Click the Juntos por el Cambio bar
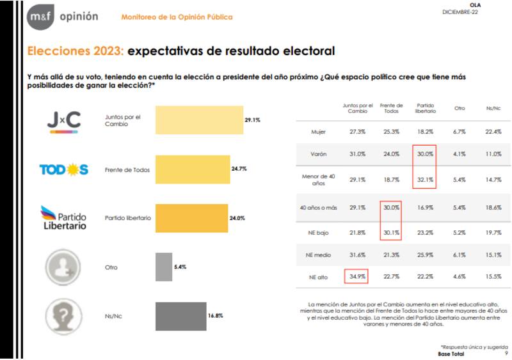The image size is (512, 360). (x=199, y=120)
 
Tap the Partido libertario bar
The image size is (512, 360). (x=191, y=217)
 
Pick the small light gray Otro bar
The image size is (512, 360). (x=164, y=267)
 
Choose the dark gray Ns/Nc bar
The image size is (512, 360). (x=181, y=315)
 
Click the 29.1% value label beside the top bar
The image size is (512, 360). (x=252, y=120)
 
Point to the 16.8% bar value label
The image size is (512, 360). (x=216, y=315)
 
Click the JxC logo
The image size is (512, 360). (x=64, y=120)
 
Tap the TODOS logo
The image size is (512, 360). (x=64, y=169)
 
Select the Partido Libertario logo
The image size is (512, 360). (x=64, y=217)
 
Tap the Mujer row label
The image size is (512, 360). (x=319, y=132)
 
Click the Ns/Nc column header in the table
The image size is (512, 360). (x=493, y=108)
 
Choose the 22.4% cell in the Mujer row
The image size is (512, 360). (x=493, y=132)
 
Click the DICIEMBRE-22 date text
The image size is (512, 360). (x=460, y=12)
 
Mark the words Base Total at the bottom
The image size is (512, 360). (x=452, y=354)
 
